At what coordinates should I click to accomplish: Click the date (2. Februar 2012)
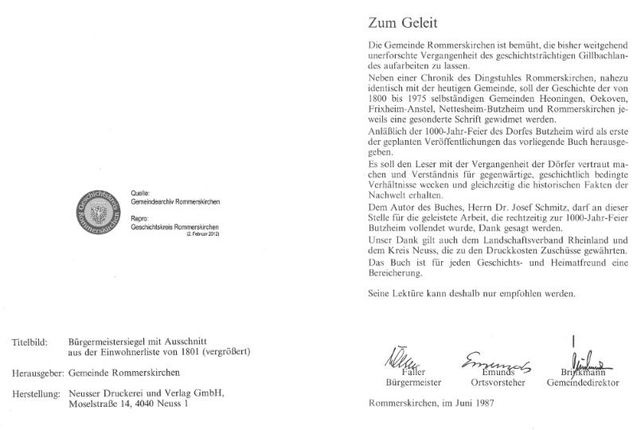point(202,235)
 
